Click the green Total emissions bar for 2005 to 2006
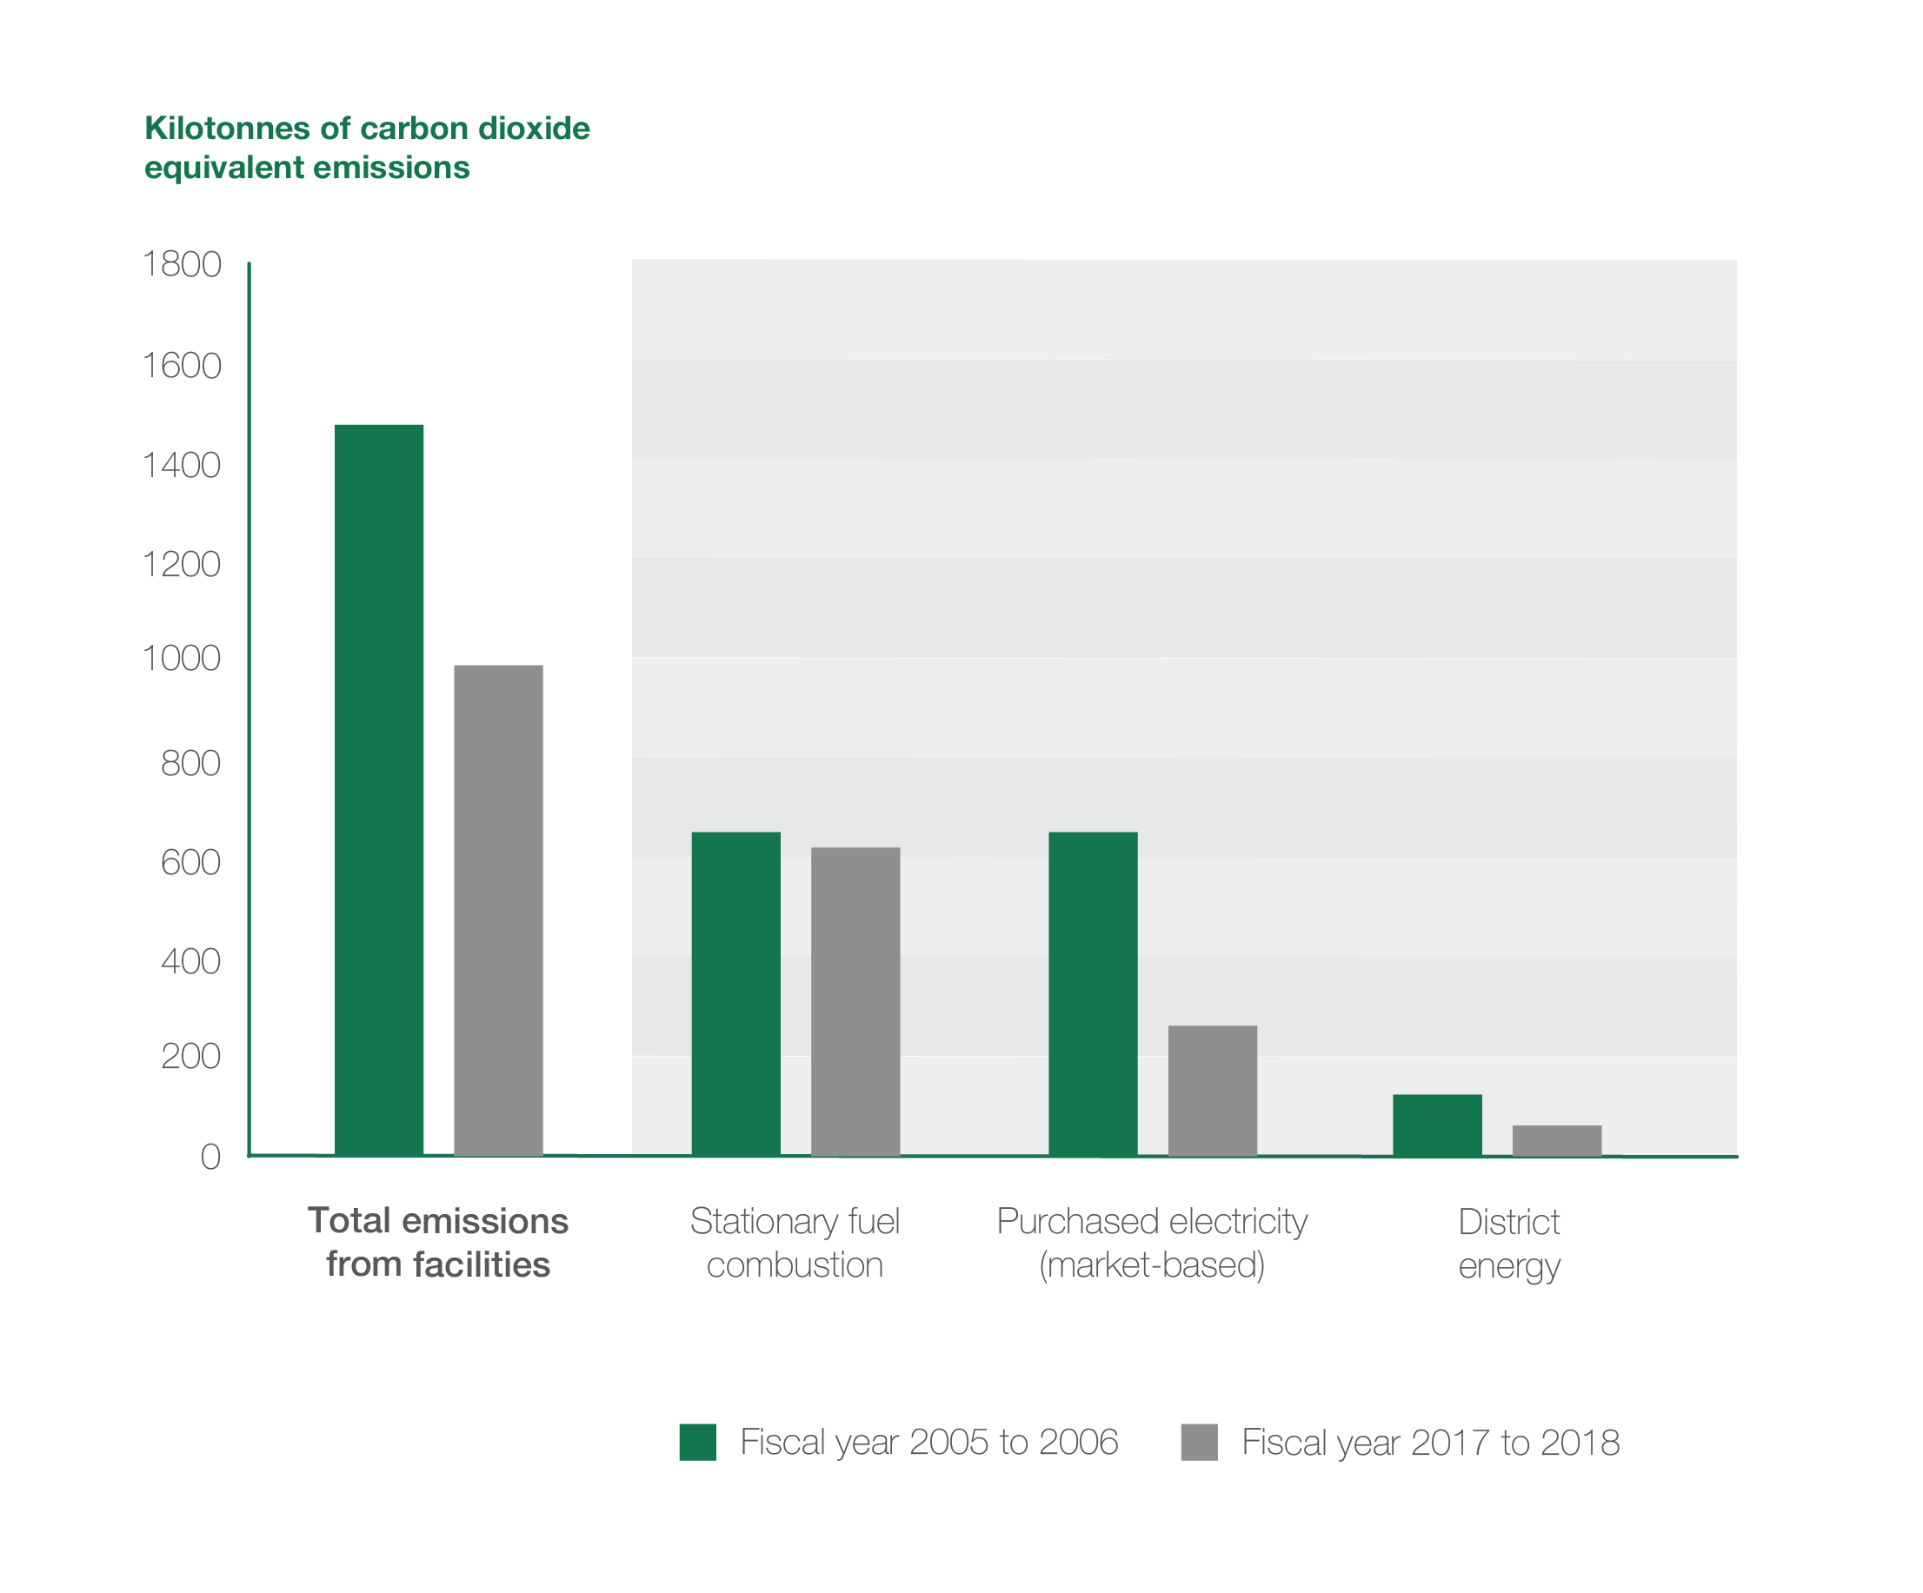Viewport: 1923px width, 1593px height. point(378,789)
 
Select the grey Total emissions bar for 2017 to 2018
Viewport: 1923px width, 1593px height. point(498,910)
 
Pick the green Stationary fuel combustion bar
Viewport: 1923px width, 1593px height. point(735,993)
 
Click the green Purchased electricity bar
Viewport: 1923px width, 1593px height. point(1093,993)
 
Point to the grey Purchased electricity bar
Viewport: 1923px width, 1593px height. point(1213,1091)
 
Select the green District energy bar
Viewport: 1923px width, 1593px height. point(1437,1125)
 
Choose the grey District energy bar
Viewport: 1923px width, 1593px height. point(1557,1140)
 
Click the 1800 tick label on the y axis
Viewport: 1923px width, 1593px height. point(182,264)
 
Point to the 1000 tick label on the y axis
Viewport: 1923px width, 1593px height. point(182,658)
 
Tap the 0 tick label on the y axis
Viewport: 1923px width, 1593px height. point(210,1158)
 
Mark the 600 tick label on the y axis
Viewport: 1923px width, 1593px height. point(190,862)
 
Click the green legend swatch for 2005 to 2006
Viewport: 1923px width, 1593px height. point(698,1442)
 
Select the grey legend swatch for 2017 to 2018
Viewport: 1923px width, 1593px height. point(1199,1442)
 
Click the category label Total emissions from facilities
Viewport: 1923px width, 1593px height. point(437,1243)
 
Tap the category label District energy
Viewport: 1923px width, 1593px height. point(1509,1244)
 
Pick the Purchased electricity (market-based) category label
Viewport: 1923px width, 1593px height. point(1152,1243)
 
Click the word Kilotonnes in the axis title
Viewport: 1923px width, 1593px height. point(227,128)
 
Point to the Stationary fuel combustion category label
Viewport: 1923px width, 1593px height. point(795,1243)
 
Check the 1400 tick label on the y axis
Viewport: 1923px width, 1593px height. point(182,466)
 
